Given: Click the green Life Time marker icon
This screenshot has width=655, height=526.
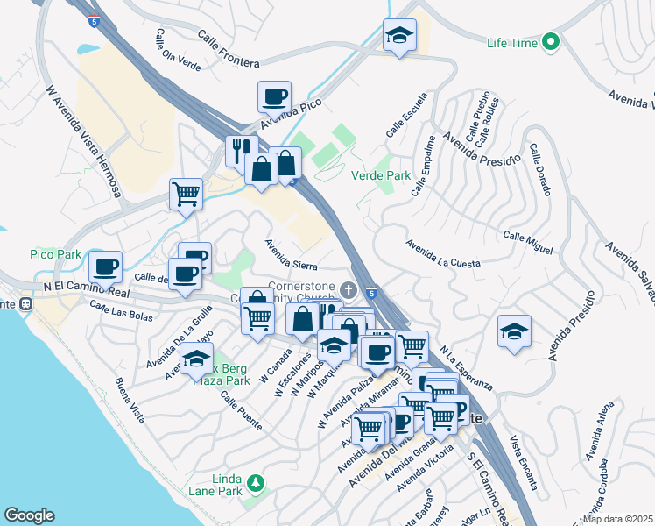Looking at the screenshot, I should [550, 41].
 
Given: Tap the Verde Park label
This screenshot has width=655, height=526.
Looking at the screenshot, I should [381, 175].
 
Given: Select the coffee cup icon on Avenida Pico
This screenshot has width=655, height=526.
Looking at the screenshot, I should [274, 96].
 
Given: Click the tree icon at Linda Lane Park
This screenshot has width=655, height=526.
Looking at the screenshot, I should [256, 483].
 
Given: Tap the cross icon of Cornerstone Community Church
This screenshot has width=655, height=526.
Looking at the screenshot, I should [349, 289].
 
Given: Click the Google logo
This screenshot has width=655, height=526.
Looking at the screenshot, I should [29, 515].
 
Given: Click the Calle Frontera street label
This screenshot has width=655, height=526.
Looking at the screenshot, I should [228, 49].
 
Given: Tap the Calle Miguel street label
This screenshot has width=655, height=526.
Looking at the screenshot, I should [528, 243].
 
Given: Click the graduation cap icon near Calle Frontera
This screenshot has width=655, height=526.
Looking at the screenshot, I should [399, 35].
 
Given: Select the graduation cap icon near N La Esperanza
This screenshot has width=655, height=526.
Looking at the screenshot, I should [514, 331].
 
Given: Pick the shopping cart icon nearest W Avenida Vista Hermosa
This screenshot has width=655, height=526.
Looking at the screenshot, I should [186, 193].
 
